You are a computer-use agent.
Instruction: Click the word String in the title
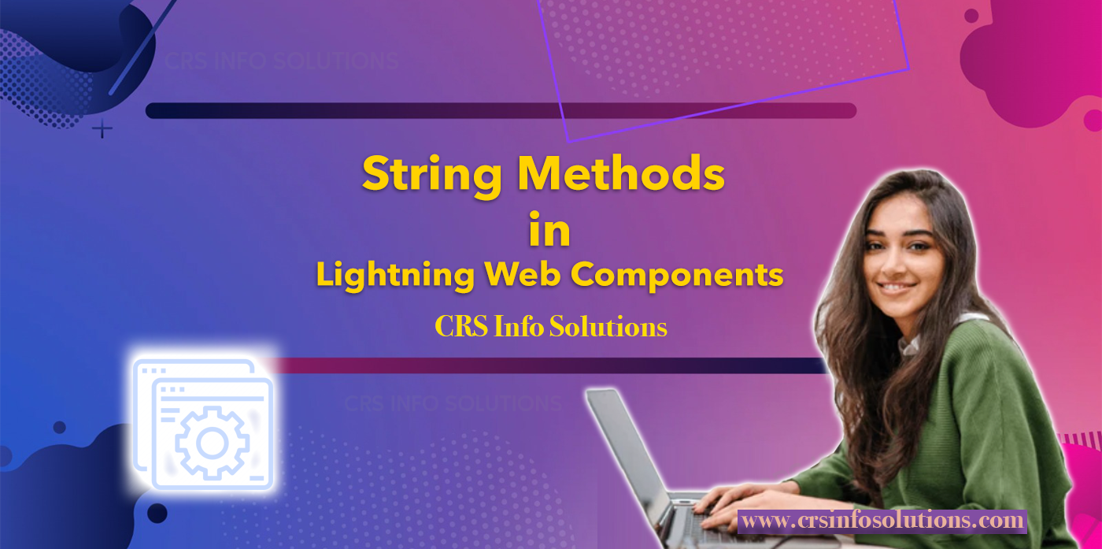point(431,174)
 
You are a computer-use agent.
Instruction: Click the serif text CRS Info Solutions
point(551,327)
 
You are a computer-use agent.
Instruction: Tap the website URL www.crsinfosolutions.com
point(882,521)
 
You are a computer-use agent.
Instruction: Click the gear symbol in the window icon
point(212,442)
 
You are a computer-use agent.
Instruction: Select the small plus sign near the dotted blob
point(102,128)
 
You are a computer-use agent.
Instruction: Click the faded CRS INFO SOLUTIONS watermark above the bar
point(281,61)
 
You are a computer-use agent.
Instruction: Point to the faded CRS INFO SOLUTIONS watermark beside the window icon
point(452,404)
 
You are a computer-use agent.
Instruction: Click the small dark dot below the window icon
point(157,514)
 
